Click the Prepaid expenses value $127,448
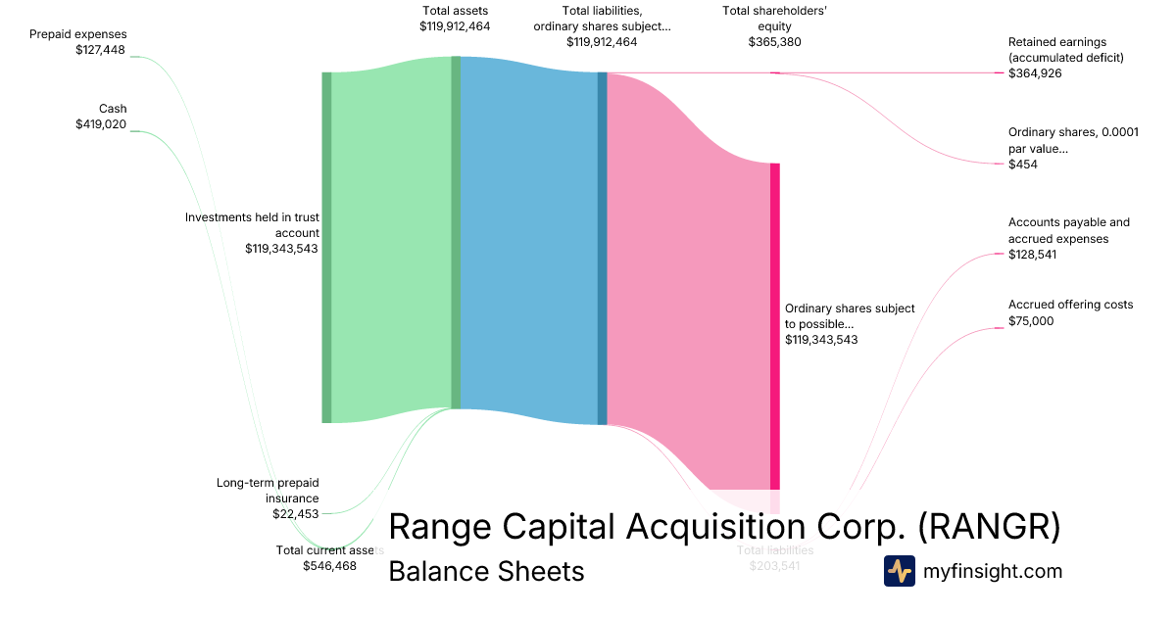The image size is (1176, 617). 101,50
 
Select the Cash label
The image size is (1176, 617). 113,109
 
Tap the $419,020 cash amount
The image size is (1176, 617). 101,124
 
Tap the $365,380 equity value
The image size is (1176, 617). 775,42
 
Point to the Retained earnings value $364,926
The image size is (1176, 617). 1035,73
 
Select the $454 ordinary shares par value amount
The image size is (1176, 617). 1023,165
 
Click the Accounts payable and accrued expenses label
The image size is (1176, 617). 1068,230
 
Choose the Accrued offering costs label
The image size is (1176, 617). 1070,305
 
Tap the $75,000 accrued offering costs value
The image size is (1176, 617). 1031,320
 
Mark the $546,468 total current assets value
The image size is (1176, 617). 329,566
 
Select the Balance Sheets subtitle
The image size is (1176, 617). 486,571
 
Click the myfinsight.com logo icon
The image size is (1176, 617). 899,571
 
